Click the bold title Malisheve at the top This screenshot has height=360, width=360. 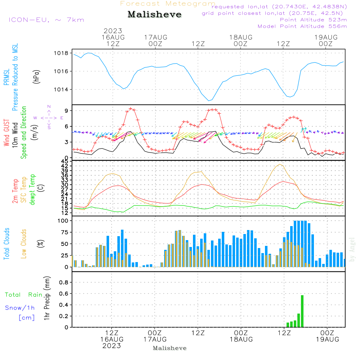[155, 15]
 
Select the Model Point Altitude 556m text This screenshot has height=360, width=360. [302, 26]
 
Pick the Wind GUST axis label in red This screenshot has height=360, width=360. [6, 134]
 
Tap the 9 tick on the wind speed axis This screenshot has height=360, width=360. [67, 111]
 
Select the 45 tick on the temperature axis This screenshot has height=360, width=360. [65, 162]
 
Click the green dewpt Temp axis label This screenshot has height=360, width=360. [33, 190]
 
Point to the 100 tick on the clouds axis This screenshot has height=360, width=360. [63, 221]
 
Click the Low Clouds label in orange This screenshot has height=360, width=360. [24, 243]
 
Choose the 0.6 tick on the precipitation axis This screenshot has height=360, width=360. [64, 294]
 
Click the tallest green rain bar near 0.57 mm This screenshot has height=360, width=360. [302, 311]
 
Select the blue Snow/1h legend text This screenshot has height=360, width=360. [20, 308]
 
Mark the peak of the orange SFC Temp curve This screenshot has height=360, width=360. [279, 165]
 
